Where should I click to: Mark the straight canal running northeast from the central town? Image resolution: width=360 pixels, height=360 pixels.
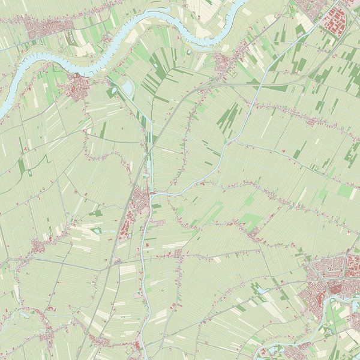tap(222, 150)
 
